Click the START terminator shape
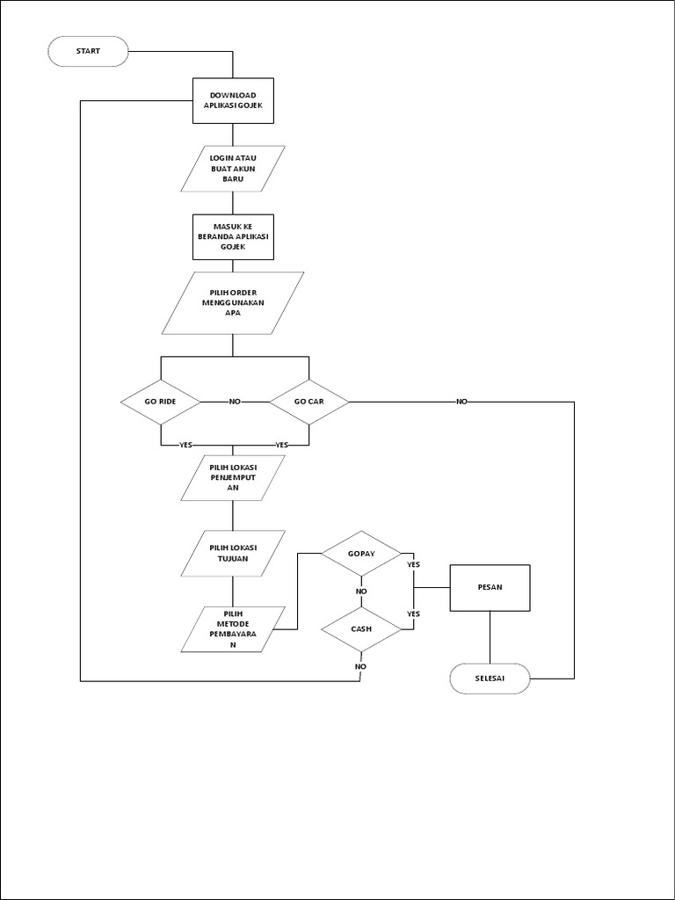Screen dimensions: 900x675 pos(88,51)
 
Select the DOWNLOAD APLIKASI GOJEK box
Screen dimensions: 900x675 pos(233,101)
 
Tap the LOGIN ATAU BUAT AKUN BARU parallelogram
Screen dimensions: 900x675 pos(233,168)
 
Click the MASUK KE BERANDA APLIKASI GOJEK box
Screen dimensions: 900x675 pos(233,236)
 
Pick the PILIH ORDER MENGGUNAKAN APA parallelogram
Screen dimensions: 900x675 pos(233,302)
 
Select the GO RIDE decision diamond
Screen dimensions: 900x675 pos(161,402)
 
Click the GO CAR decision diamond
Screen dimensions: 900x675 pos(308,402)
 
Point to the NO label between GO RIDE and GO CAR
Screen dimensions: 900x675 pos(235,402)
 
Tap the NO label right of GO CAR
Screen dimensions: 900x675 pos(461,402)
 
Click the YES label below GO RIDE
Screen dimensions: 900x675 pos(185,445)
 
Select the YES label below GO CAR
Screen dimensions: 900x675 pos(281,445)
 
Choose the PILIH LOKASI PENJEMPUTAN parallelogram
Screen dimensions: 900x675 pos(233,477)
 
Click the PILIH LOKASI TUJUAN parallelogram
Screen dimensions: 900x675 pos(233,553)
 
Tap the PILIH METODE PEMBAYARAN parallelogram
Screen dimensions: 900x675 pos(233,629)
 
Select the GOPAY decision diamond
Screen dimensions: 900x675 pos(361,553)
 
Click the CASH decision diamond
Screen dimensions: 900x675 pos(361,629)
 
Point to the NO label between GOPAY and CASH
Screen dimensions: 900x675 pos(361,592)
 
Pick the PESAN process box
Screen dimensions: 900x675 pos(490,587)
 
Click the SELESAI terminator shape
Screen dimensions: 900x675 pos(490,679)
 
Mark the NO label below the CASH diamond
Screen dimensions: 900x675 pos(361,666)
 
